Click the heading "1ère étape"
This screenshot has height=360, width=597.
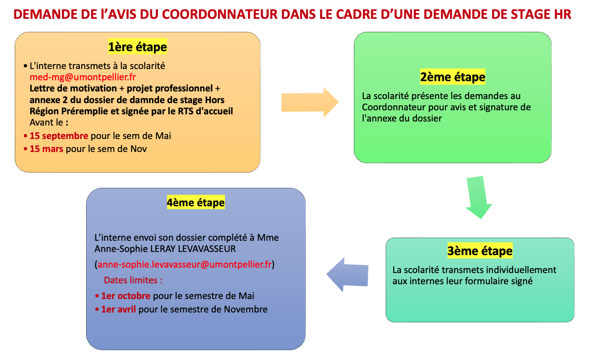tap(138, 47)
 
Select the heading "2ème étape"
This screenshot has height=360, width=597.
tap(453, 77)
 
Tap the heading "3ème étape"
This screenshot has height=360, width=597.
tap(480, 251)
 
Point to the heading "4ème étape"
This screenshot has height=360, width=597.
tap(196, 203)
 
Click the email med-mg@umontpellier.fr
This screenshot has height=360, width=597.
tap(83, 77)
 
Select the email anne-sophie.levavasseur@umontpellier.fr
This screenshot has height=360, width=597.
tap(184, 265)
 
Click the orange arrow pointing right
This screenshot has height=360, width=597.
tap(310, 102)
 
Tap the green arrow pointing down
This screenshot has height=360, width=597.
tap(479, 197)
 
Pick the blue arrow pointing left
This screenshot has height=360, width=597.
tap(348, 275)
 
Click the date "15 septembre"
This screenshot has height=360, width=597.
tap(59, 136)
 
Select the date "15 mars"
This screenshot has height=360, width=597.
tap(46, 149)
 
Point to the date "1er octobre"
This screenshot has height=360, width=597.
tap(126, 296)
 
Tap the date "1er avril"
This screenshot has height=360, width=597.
tap(118, 309)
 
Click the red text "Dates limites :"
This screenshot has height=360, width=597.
tap(133, 280)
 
